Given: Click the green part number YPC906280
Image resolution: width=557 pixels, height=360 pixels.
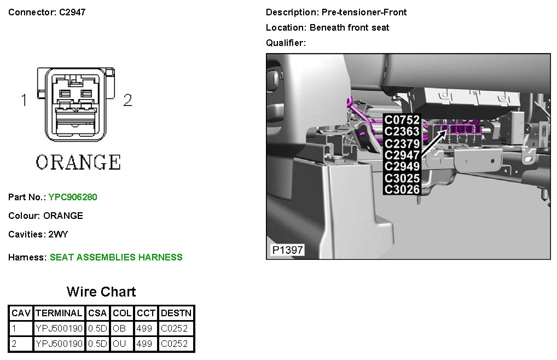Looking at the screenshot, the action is [x=73, y=197].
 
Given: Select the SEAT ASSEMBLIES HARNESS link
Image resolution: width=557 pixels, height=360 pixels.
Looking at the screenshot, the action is [x=116, y=257].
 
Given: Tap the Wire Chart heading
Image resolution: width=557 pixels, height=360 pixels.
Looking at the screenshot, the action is [x=101, y=292].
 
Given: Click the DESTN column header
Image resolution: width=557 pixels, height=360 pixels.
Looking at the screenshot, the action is [x=176, y=313].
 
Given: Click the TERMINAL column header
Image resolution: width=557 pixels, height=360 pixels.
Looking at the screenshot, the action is [x=59, y=313].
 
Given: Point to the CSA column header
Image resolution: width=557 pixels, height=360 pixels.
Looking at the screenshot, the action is [x=97, y=313].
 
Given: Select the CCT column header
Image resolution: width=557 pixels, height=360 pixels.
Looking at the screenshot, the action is [x=146, y=313].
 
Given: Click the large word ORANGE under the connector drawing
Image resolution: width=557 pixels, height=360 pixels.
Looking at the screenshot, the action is [x=78, y=162].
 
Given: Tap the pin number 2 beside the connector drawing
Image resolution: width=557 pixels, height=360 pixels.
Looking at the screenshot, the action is [x=127, y=100].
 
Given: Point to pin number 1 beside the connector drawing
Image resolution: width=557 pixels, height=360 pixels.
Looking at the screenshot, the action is [x=24, y=100].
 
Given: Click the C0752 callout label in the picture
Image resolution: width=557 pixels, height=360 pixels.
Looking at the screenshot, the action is [x=402, y=120].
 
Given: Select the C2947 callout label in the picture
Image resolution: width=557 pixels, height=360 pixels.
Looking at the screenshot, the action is [x=402, y=155].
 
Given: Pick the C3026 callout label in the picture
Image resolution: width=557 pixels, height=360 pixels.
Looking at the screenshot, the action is [x=402, y=189].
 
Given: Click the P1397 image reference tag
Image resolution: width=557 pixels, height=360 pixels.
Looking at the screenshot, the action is [x=287, y=250].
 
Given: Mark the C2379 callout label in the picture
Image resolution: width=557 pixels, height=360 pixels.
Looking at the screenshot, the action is [x=402, y=143].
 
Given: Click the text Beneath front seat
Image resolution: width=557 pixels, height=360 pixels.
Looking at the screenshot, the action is [x=349, y=28].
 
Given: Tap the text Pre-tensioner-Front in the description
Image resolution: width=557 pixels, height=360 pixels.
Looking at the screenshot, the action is [x=364, y=13].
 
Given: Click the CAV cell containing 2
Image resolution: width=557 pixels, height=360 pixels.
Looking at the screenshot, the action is [x=14, y=344].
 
